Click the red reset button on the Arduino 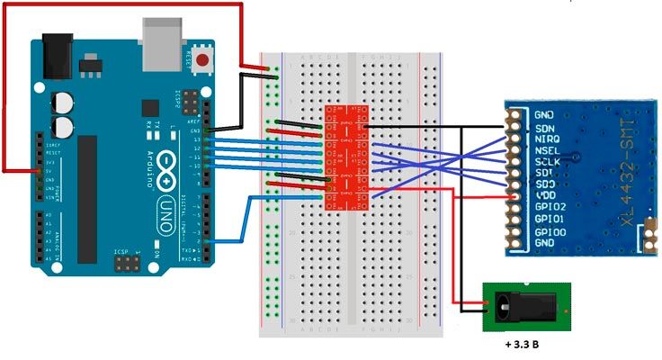tap(205, 61)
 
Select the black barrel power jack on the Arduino tap(56, 53)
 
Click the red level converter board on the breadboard tap(346, 158)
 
